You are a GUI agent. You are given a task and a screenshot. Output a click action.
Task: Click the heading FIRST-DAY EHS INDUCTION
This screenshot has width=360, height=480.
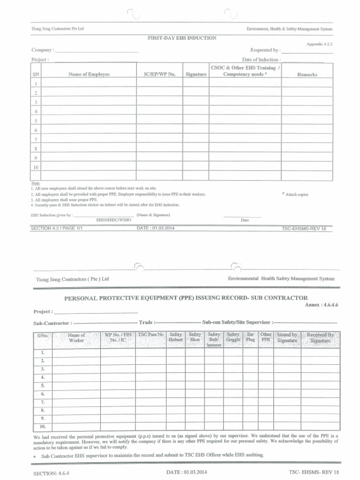[182, 37]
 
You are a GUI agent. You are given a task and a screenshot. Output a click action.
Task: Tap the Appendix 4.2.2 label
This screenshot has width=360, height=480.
[319, 44]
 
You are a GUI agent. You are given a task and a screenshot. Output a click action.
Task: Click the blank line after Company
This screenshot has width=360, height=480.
[97, 50]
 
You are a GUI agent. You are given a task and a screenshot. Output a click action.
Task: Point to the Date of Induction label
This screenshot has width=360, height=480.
[261, 60]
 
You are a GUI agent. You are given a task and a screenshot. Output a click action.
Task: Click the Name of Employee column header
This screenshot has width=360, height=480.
[89, 75]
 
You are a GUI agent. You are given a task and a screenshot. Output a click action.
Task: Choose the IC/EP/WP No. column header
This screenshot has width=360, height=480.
[159, 75]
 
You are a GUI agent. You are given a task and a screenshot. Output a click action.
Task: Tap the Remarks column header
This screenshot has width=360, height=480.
[307, 75]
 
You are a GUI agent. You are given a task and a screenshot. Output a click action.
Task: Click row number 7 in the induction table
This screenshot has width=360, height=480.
[36, 139]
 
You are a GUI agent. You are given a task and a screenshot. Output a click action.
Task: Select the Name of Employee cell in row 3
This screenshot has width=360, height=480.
[89, 102]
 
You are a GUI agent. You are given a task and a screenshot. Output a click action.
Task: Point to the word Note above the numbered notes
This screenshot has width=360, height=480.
[36, 183]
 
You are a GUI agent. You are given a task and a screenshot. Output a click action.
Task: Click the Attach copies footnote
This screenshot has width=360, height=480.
[297, 194]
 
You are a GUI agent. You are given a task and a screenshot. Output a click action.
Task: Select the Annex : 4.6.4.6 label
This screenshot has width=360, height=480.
[322, 305]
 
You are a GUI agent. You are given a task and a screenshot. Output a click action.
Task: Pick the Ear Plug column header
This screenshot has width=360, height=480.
[251, 337]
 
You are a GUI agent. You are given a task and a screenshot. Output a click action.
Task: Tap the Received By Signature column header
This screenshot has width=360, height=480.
[320, 337]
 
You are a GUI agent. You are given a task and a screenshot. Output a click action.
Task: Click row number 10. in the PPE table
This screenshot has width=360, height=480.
[43, 427]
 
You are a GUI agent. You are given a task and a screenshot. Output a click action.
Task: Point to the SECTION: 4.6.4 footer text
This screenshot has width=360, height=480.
[52, 473]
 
